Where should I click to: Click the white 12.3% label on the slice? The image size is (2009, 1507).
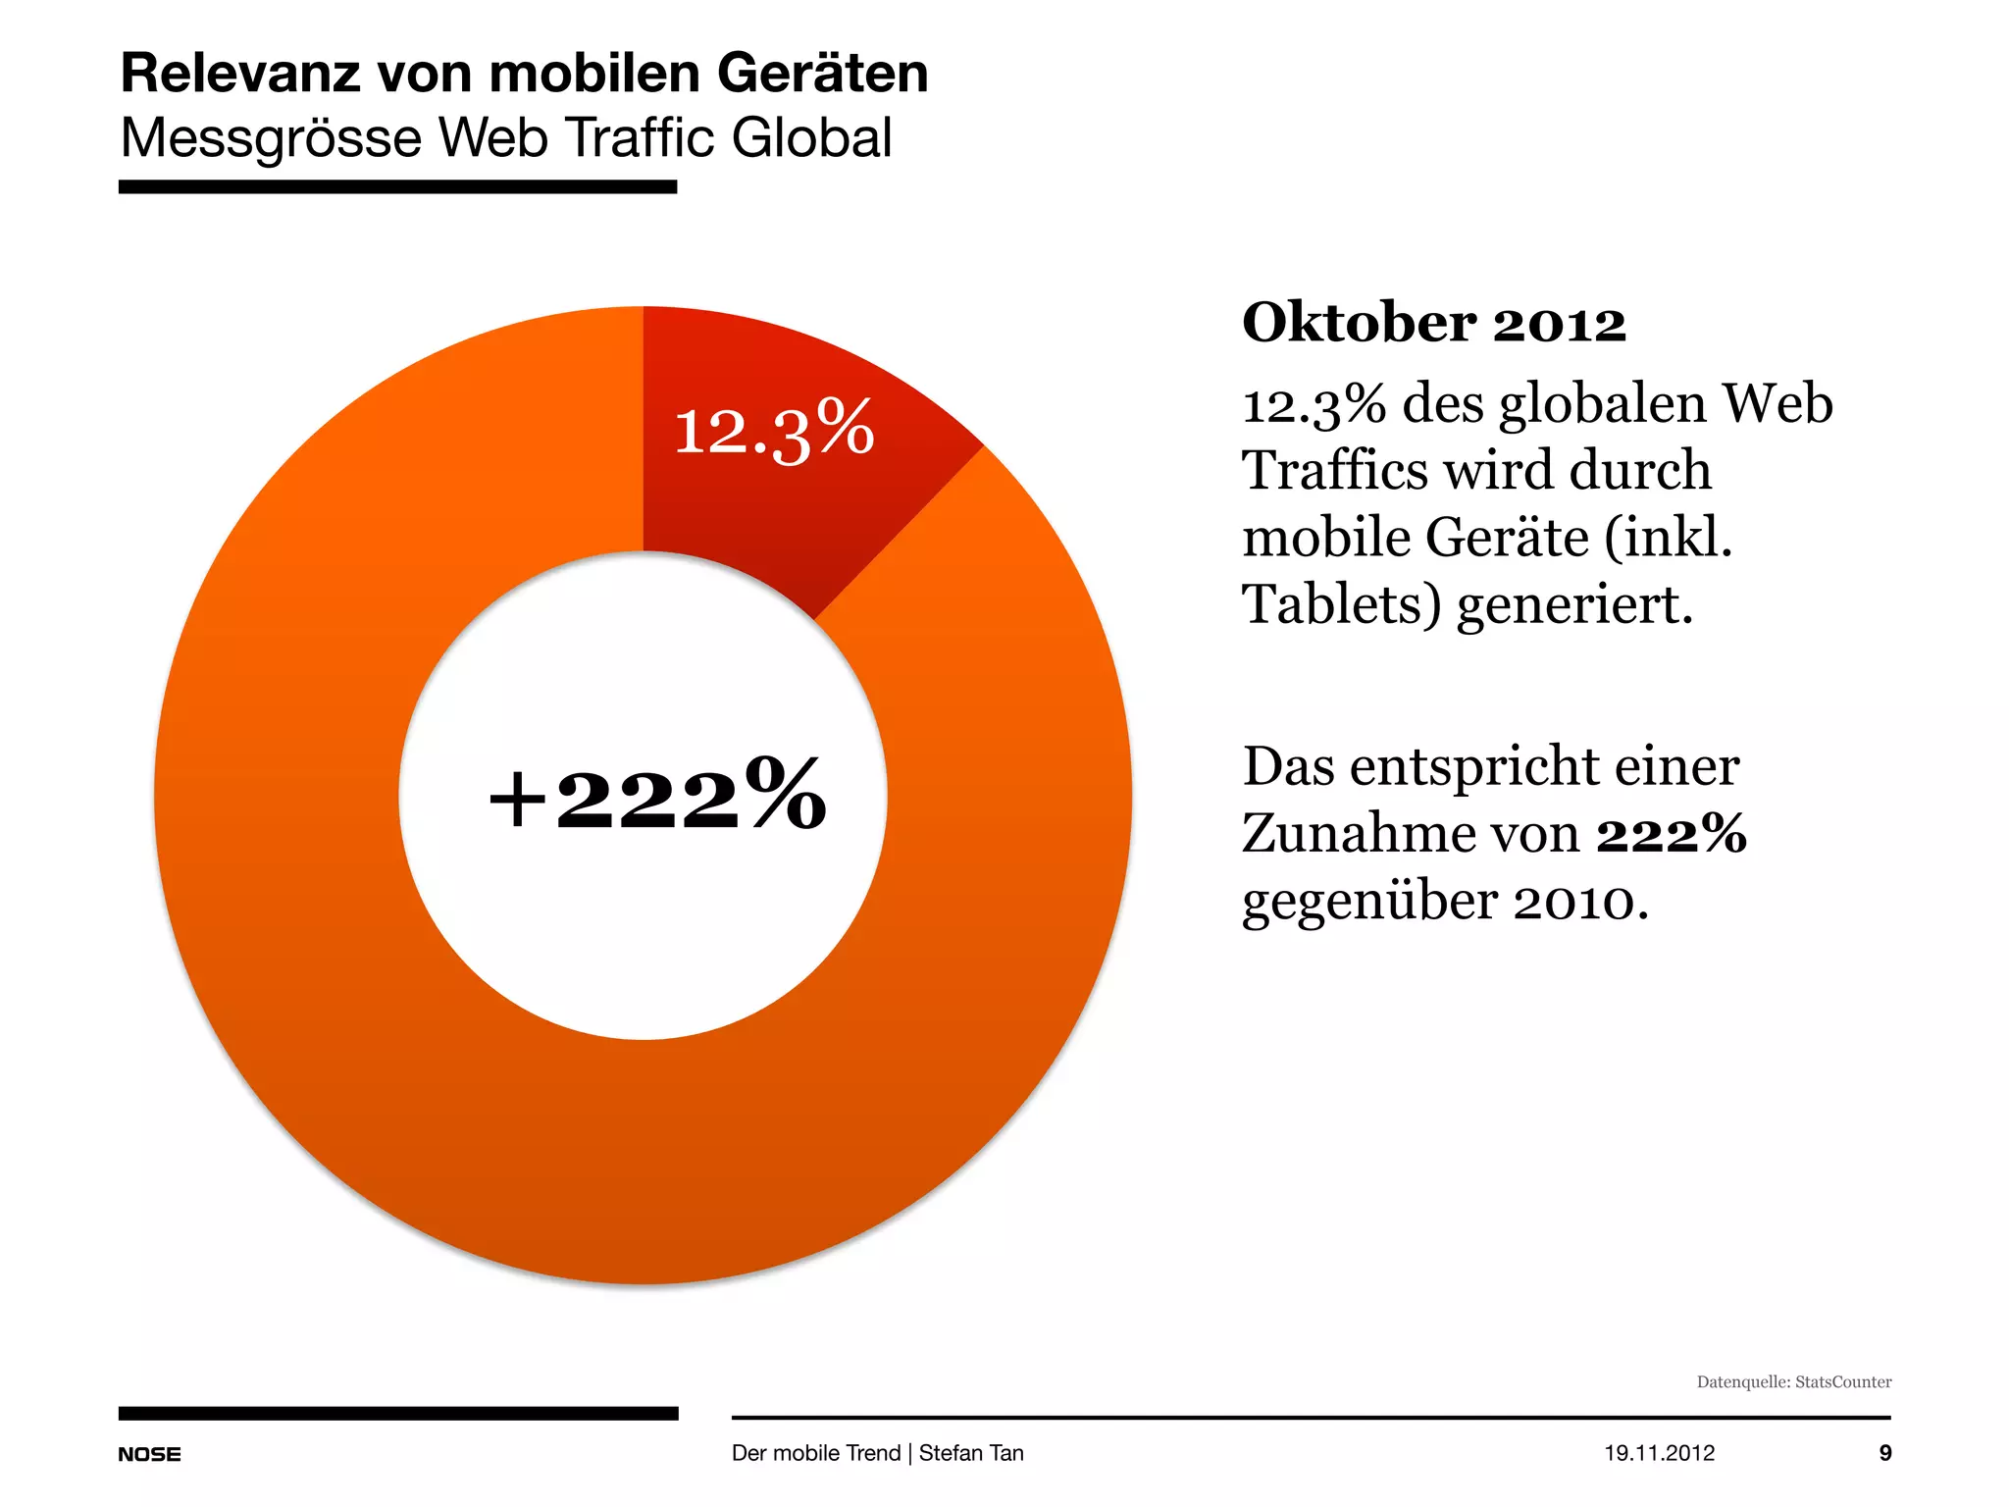point(773,429)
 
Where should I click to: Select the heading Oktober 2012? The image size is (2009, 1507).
point(1433,323)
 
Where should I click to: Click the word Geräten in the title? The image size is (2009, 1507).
point(822,74)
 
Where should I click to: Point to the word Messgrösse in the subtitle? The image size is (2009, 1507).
point(272,138)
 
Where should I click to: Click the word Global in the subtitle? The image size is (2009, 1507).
point(811,137)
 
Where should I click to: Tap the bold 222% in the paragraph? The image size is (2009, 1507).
point(1671,834)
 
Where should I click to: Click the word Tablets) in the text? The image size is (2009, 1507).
point(1341,603)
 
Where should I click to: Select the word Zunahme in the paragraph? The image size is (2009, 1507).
point(1361,834)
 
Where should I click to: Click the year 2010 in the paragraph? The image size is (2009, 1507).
point(1573,901)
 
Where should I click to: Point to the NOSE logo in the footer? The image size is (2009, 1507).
point(149,1454)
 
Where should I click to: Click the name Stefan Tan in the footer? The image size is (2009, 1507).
point(970,1453)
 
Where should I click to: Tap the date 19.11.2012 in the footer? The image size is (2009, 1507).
point(1659,1453)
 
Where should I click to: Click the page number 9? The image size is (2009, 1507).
point(1884,1453)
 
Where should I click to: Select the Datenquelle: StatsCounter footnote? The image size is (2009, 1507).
point(1793,1381)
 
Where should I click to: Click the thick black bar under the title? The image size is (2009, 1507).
point(397,186)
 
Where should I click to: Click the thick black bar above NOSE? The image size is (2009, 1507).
point(397,1413)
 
